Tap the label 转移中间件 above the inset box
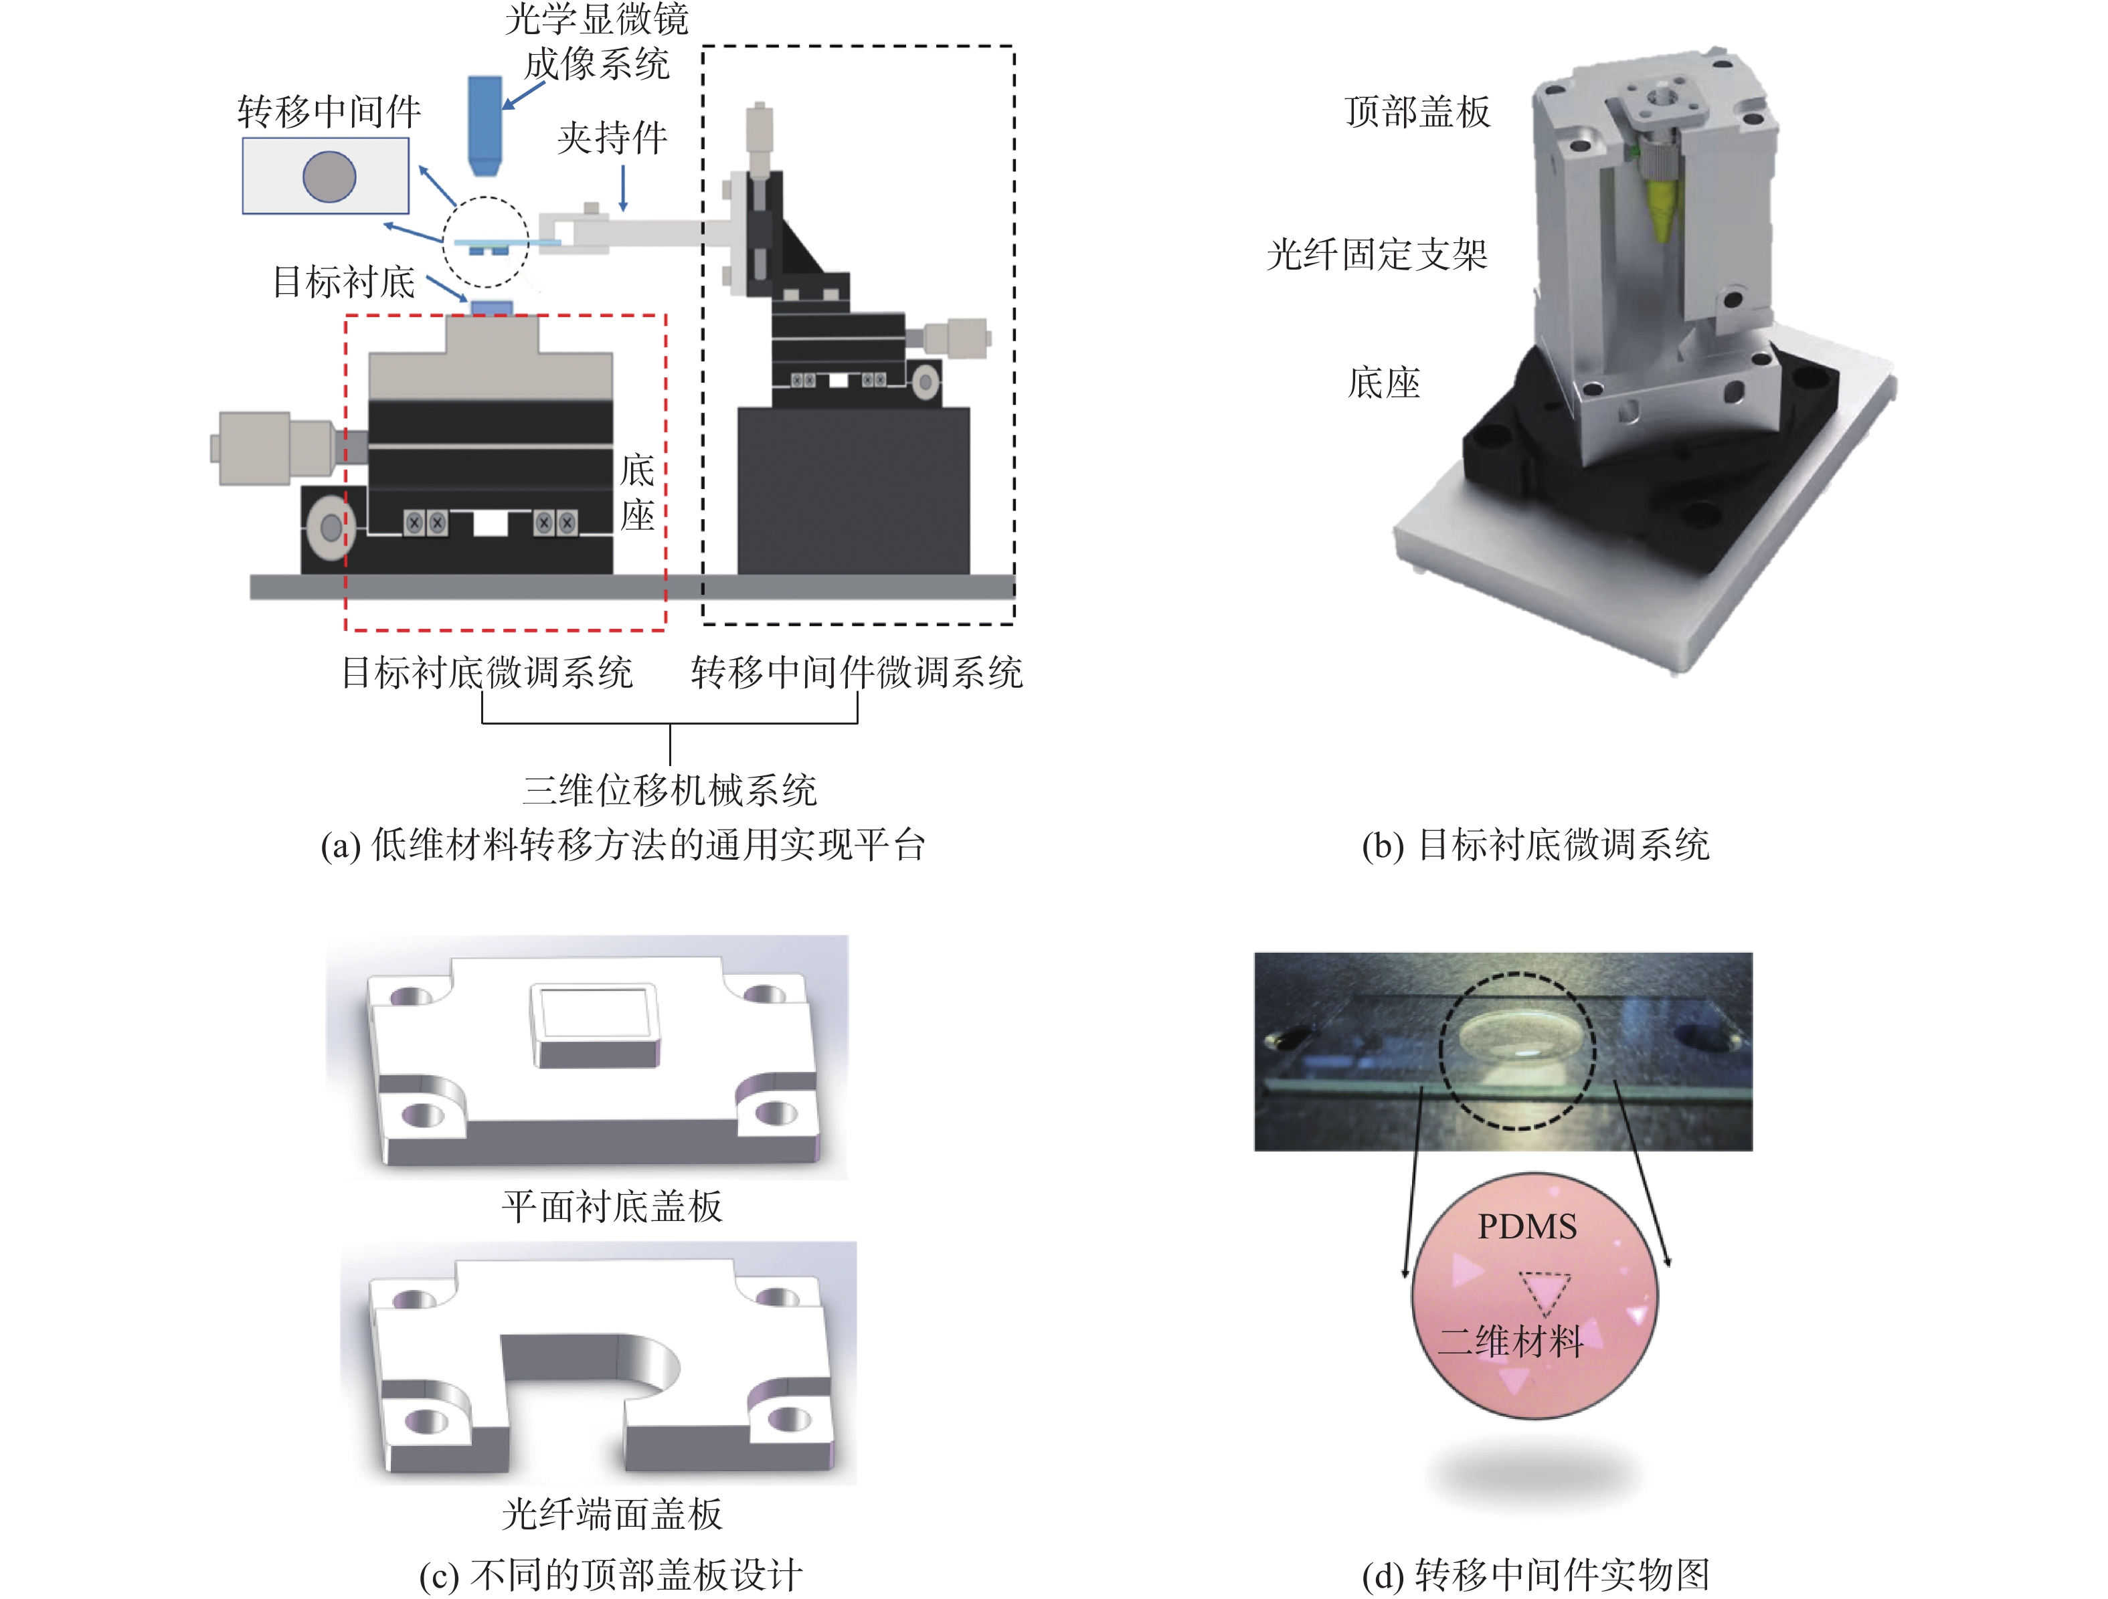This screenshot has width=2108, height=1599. [x=329, y=112]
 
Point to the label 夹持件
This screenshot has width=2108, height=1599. [x=612, y=138]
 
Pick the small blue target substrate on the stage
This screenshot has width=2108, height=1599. [x=492, y=308]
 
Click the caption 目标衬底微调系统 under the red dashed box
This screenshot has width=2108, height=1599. [x=487, y=673]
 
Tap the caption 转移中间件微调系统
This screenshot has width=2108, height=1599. [x=857, y=673]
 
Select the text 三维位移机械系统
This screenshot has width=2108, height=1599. [x=670, y=790]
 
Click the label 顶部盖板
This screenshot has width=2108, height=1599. [x=1417, y=112]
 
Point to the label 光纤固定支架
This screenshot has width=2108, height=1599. [x=1377, y=254]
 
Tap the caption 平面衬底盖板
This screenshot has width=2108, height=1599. [x=612, y=1206]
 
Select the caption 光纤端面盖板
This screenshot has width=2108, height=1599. [x=612, y=1513]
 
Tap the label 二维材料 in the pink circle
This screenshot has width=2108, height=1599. [x=1510, y=1341]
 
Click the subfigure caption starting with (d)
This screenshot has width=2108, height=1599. [x=1535, y=1574]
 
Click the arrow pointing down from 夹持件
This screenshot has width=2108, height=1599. [x=623, y=188]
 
